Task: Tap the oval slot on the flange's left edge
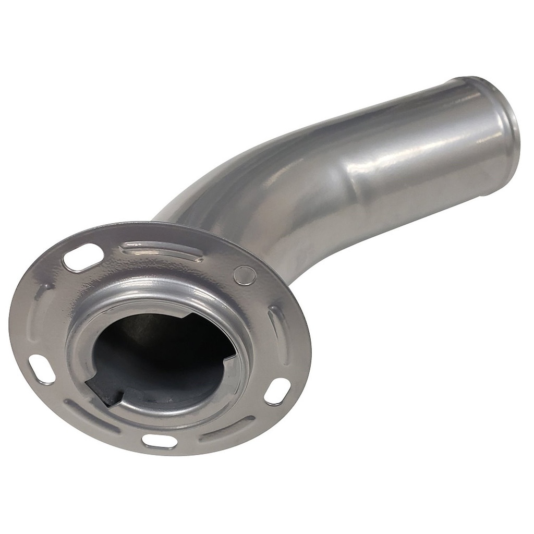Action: tap(42, 369)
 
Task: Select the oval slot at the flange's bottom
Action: tap(160, 441)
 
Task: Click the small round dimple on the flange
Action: tap(245, 275)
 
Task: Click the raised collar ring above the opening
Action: tap(162, 292)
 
